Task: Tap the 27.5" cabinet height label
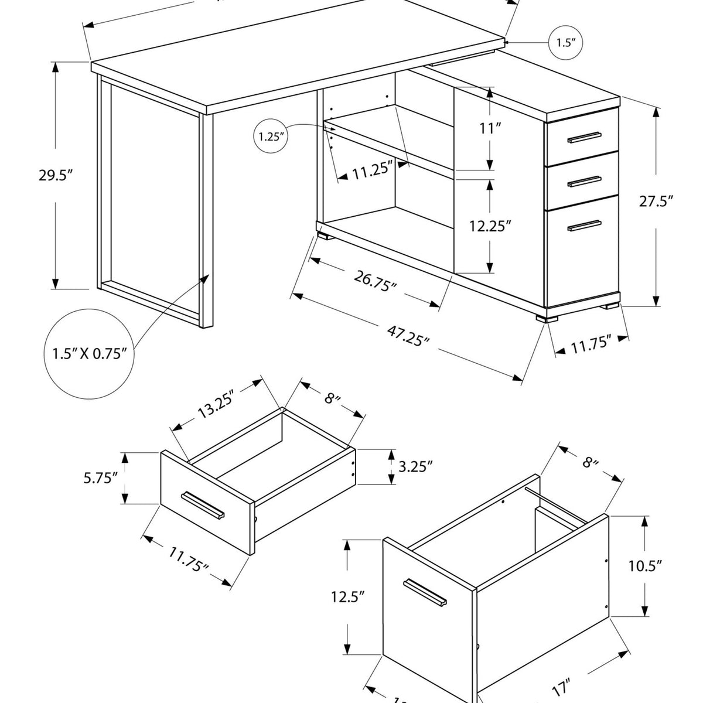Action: point(655,202)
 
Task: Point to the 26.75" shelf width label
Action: point(375,280)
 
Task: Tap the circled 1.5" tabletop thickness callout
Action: point(566,42)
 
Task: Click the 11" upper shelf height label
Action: point(488,129)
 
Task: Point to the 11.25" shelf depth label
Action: point(371,170)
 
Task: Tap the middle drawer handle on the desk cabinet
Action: point(584,182)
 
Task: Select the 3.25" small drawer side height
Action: point(415,467)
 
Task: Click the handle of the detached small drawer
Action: point(203,504)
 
